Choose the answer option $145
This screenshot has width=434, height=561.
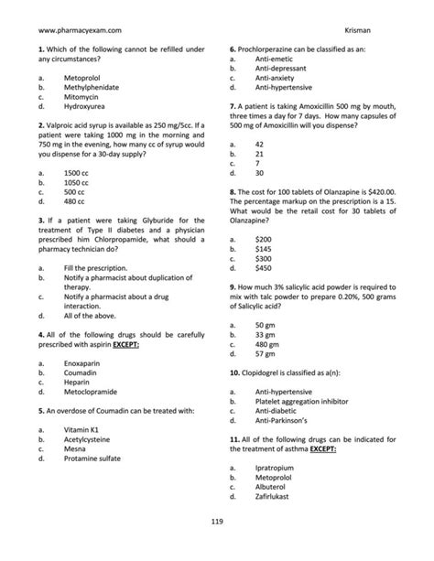point(264,248)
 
